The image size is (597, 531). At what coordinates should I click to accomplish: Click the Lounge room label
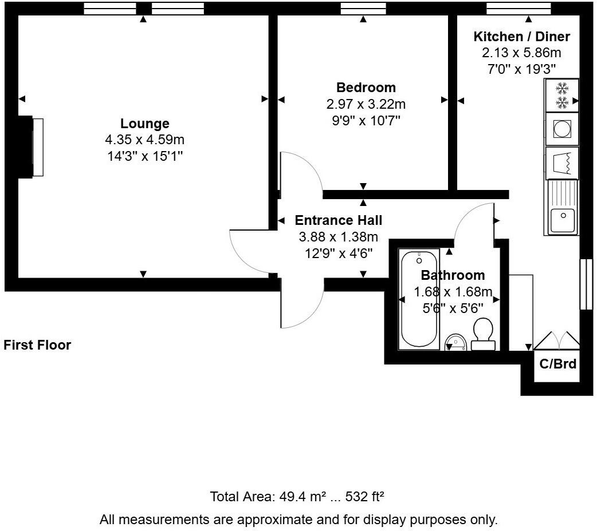point(144,124)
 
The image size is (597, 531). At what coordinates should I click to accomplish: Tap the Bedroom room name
point(366,88)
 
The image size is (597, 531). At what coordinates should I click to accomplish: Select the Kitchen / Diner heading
point(521,37)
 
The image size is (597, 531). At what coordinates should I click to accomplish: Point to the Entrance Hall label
point(338,220)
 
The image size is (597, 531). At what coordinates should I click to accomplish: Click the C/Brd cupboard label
point(557,364)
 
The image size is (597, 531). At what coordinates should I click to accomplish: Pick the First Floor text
point(37,345)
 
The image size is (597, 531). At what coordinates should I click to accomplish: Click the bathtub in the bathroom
point(419,299)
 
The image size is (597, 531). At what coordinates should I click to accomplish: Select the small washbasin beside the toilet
point(455,342)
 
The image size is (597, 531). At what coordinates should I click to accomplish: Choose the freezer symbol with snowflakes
point(562,96)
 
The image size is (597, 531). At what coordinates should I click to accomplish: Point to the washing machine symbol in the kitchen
point(561,129)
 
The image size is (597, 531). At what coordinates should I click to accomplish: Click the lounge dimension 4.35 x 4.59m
point(144,140)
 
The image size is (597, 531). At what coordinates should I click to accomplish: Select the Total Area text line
point(297,496)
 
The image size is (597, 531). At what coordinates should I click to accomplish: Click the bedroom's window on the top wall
point(363,9)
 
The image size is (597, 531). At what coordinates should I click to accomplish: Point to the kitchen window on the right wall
point(586,284)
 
